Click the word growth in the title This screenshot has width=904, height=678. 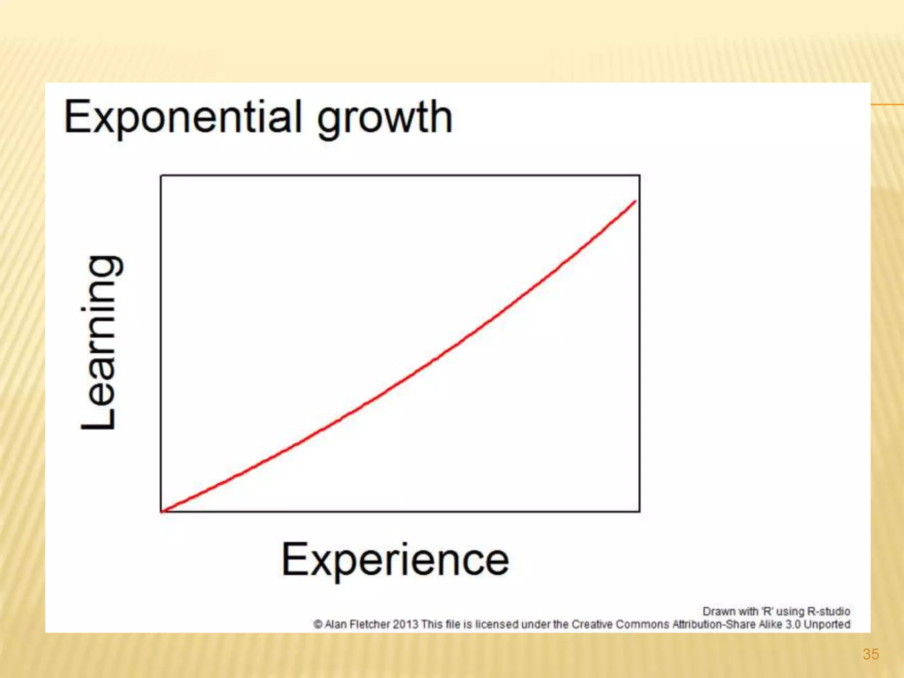click(384, 118)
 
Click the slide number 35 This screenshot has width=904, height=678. click(870, 654)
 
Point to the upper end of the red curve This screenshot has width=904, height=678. click(635, 202)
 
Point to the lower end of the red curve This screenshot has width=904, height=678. click(162, 511)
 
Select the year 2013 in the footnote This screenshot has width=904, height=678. click(405, 625)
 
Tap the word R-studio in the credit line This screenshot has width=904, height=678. click(828, 611)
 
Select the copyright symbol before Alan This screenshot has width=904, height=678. click(318, 625)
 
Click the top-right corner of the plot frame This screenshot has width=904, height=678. click(640, 176)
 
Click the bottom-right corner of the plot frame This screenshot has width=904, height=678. click(640, 512)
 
